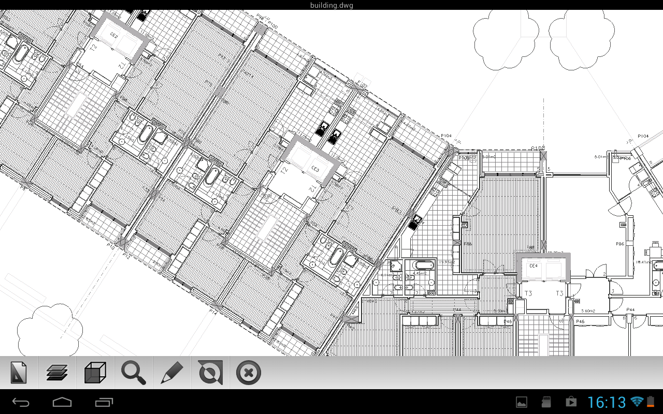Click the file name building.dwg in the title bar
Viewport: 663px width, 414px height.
331,5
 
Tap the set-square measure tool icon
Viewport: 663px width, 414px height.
19,373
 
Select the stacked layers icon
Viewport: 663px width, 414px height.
57,373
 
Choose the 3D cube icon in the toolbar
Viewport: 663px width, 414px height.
95,373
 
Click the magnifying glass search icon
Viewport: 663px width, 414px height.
134,373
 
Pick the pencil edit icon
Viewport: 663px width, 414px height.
172,373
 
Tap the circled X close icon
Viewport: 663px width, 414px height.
248,373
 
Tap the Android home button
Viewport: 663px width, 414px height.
62,402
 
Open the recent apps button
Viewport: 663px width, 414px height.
104,402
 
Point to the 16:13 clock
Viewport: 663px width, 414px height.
607,402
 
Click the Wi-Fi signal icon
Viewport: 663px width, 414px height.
637,402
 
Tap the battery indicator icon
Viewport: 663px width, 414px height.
650,402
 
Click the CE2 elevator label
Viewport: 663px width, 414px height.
114,36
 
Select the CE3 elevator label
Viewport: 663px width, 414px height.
315,169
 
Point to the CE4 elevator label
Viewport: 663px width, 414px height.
534,266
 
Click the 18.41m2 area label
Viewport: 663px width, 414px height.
644,262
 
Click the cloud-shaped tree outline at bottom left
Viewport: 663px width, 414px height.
50,327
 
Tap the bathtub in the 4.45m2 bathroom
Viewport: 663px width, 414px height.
423,266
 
